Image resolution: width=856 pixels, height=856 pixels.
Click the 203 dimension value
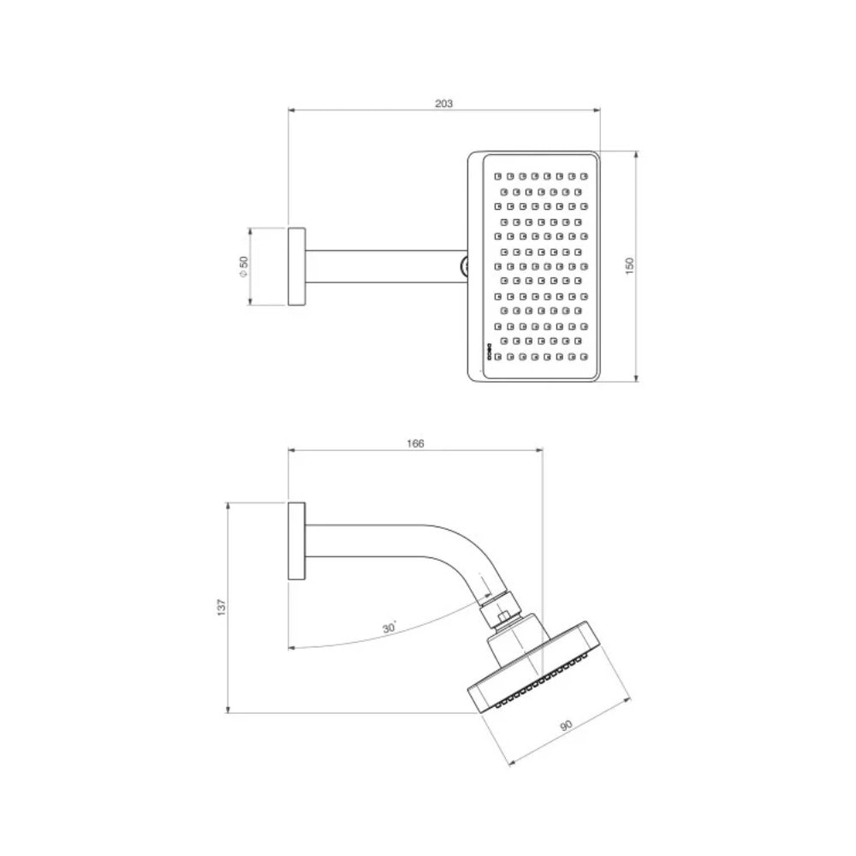(x=443, y=103)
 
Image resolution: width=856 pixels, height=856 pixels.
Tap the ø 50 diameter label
(x=243, y=267)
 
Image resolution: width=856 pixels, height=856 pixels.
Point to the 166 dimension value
(x=416, y=443)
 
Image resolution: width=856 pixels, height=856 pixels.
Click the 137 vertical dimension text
(x=222, y=607)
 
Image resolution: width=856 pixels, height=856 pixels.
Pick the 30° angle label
(x=389, y=628)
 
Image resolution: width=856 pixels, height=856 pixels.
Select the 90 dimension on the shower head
(x=566, y=725)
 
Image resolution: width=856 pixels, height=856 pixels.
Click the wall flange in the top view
(x=296, y=267)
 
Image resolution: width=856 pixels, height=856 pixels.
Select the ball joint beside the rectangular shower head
(x=465, y=266)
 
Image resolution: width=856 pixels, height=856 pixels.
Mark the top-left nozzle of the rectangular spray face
(x=496, y=174)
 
